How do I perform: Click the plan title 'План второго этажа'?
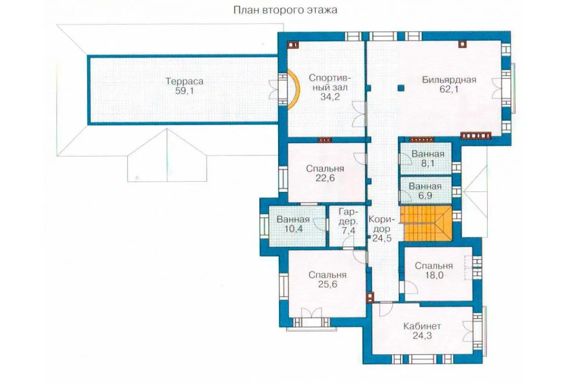(285, 10)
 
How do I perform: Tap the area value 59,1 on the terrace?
(185, 91)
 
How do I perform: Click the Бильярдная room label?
(449, 79)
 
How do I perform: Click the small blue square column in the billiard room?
(401, 88)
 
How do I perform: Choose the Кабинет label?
(422, 326)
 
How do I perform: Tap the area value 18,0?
(434, 275)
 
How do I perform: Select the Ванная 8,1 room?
(426, 159)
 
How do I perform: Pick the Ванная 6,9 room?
(426, 191)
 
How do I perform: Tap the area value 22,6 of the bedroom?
(325, 178)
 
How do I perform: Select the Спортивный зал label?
(330, 83)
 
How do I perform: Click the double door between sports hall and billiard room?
(359, 114)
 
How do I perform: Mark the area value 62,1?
(449, 89)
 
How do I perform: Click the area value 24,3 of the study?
(422, 336)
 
